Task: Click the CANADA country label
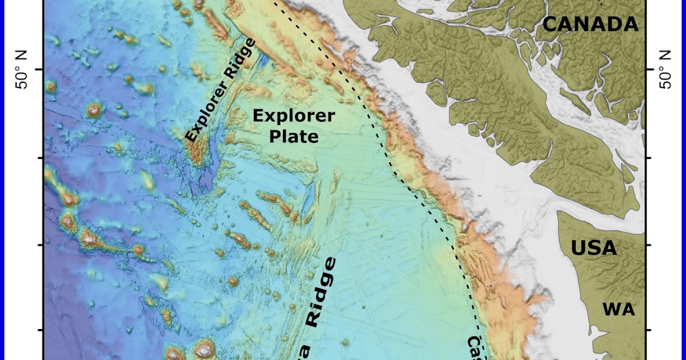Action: [590, 25]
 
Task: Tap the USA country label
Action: [595, 249]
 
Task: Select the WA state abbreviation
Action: [619, 310]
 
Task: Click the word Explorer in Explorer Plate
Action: [293, 116]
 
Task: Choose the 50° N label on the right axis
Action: [664, 69]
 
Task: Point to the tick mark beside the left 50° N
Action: [40, 69]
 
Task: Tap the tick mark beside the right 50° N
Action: [647, 69]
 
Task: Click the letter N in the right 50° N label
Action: [664, 55]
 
